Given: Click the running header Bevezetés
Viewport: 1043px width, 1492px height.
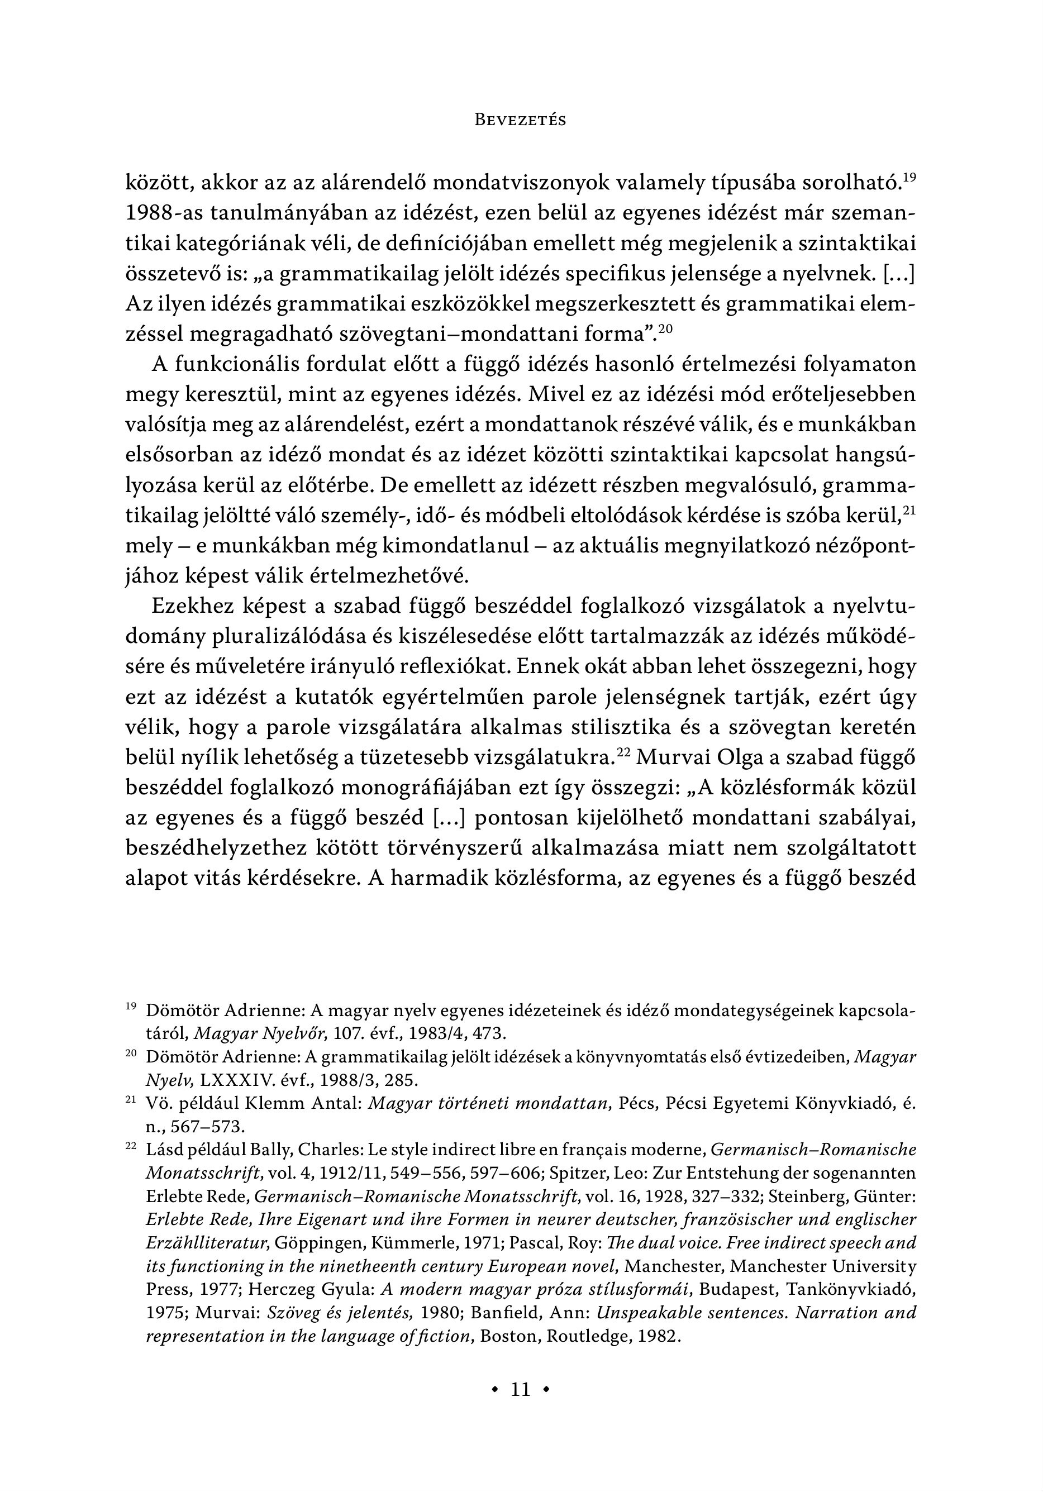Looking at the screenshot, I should [521, 120].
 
